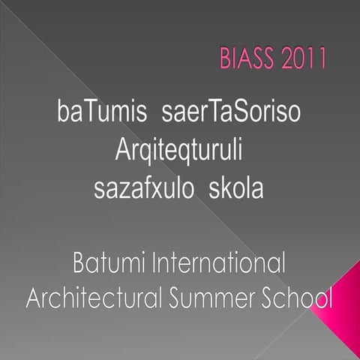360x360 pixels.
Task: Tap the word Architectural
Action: [92, 298]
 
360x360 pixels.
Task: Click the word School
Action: [293, 298]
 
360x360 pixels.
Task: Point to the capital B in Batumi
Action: [79, 265]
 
